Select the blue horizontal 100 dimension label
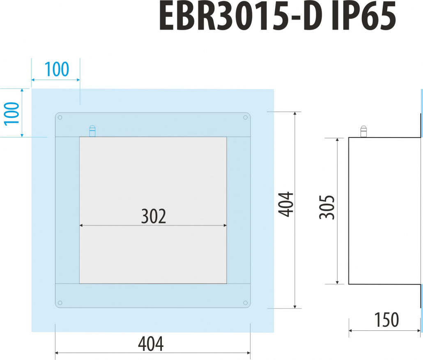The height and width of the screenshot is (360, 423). tap(57, 69)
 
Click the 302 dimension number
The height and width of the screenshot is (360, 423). tap(154, 216)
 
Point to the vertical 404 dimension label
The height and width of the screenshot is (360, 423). tap(286, 204)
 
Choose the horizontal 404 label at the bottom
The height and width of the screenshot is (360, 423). tap(151, 344)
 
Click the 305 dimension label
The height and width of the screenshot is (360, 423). tap(327, 207)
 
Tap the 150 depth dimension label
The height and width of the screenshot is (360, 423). tap(386, 320)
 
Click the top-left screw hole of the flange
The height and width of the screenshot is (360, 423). tap(60, 117)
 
